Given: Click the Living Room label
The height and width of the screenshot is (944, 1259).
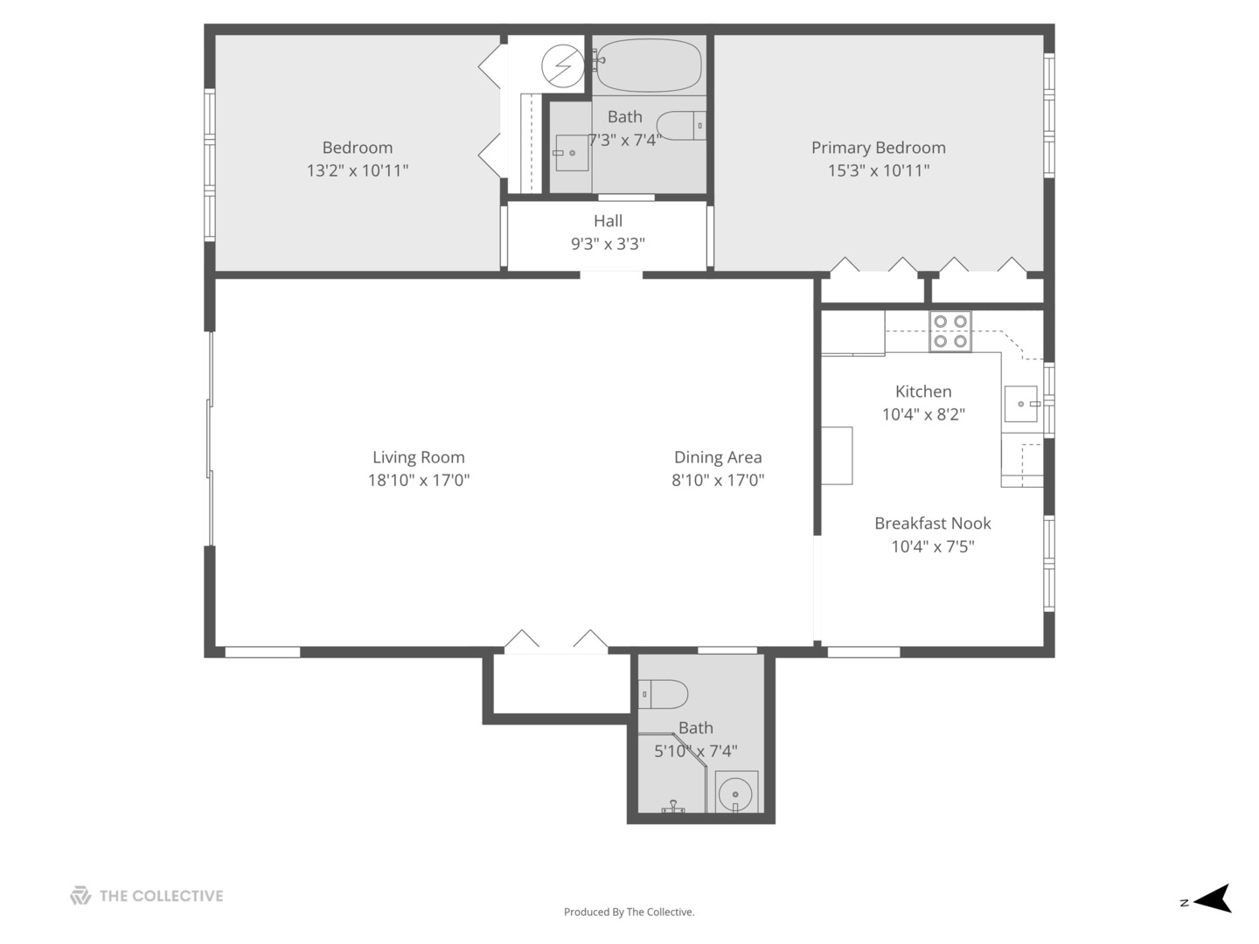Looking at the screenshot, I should point(418,457).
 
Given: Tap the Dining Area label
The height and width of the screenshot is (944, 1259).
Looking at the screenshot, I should point(717,457).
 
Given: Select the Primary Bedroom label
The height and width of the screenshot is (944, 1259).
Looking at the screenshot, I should point(878,148).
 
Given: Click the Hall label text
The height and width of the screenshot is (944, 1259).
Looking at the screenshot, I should point(608,221).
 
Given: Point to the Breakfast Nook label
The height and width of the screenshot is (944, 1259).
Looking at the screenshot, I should point(932,524).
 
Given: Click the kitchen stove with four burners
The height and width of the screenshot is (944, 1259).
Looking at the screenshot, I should point(949,331).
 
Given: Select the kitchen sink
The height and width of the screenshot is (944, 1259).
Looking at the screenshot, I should point(1020,404).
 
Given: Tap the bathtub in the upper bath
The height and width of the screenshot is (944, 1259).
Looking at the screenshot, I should point(649,65).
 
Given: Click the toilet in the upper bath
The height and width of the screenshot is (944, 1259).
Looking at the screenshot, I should point(681,126).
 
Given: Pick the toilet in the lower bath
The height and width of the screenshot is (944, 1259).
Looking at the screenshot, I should point(664,694).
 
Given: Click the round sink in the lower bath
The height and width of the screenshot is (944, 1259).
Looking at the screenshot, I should point(735,794).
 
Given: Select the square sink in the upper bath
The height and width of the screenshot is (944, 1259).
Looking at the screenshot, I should point(571,153).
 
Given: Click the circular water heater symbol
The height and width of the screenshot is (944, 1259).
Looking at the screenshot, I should point(562,66).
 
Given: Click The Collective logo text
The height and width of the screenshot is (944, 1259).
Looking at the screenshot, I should point(161,896).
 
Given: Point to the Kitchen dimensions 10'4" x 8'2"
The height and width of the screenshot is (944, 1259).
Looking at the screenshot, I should point(923,414).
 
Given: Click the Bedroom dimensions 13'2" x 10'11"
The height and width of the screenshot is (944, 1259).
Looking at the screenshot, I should point(357,170).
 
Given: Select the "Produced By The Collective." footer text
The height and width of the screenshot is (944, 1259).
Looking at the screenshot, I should point(629,912).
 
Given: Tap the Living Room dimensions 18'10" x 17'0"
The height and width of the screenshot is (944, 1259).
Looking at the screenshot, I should point(418,480).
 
